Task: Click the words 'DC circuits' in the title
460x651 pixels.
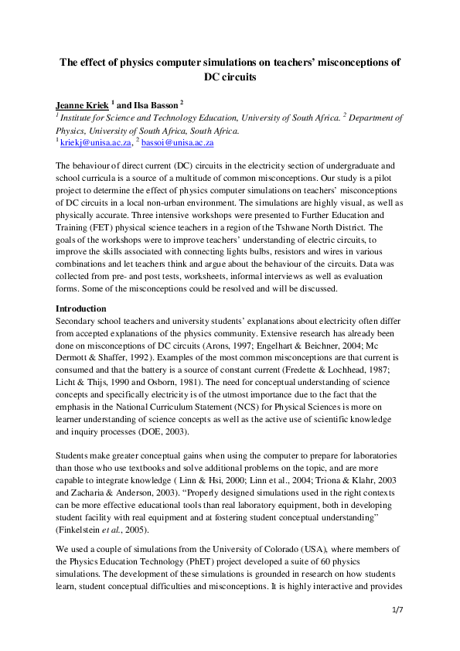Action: tap(230, 77)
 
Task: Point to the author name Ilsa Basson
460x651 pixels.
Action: tap(154, 104)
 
